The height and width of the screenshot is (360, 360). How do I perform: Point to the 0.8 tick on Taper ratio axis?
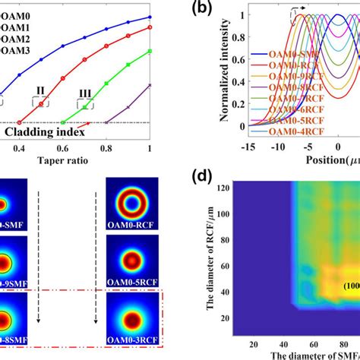(107, 150)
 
